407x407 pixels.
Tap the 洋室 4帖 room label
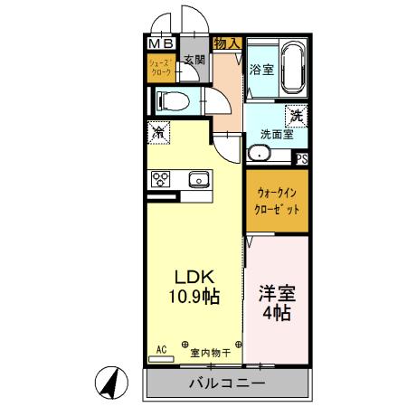[x=276, y=303]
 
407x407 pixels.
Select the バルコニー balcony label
[x=227, y=383]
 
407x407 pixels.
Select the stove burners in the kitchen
[x=160, y=179]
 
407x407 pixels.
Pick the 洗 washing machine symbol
[x=297, y=115]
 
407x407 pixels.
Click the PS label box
[x=301, y=157]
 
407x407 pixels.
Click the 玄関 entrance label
[x=194, y=61]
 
